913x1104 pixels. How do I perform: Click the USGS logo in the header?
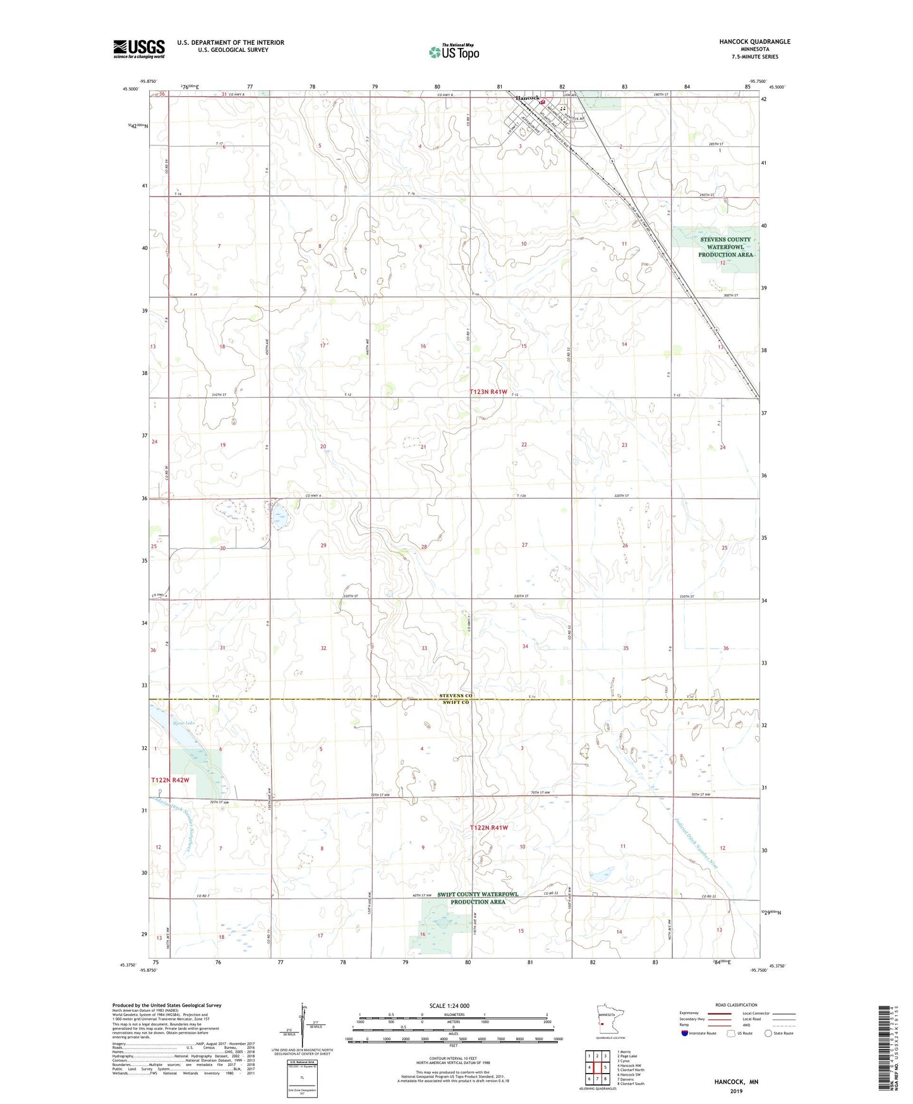click(139, 49)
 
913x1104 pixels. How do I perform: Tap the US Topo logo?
click(454, 52)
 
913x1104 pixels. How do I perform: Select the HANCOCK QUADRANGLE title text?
click(754, 42)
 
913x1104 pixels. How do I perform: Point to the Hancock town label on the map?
click(528, 98)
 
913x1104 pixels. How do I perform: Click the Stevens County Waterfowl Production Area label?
click(725, 247)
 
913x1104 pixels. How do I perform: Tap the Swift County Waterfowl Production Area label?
click(478, 898)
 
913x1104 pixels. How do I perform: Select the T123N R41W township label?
click(489, 392)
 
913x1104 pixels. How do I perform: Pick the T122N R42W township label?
click(170, 781)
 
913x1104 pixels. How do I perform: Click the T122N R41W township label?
click(489, 828)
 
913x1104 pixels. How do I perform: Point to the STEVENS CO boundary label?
click(456, 696)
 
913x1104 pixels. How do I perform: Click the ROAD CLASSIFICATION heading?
click(736, 1005)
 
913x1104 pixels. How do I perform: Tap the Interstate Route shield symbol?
click(685, 1033)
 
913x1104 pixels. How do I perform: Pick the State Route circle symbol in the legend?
click(768, 1033)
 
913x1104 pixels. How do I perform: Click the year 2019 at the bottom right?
click(736, 1091)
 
